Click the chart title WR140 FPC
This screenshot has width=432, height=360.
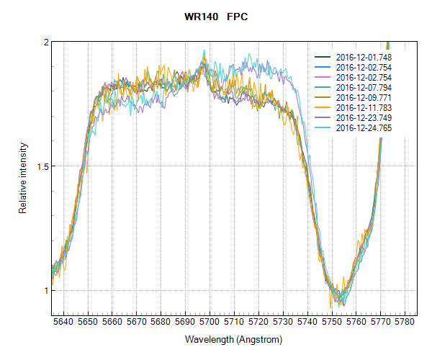click(216, 15)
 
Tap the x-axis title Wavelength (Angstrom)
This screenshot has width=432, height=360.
click(233, 339)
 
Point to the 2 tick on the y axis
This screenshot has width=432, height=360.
click(44, 42)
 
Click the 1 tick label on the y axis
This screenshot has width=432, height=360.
click(44, 291)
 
